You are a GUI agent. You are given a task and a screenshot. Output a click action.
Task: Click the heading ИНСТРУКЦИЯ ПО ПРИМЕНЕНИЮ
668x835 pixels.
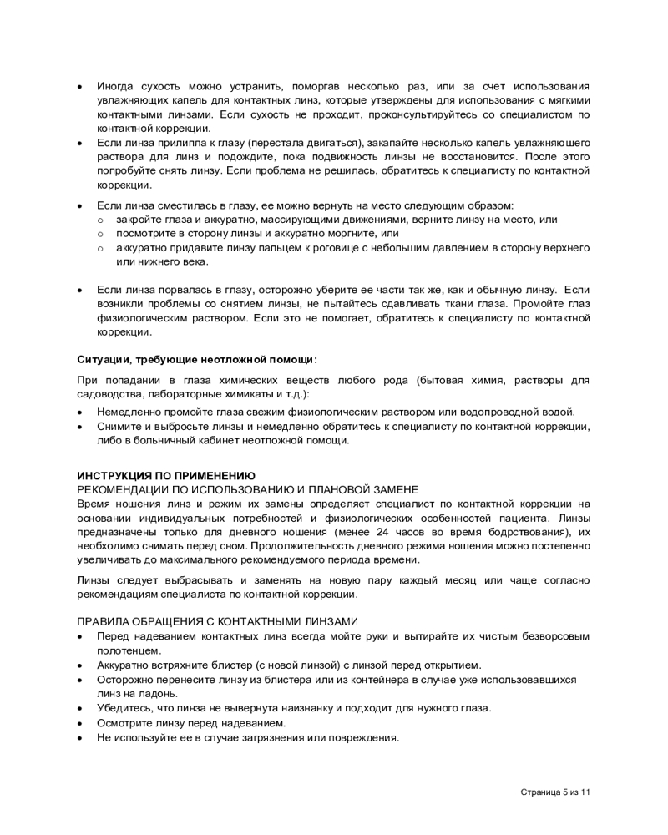tap(166, 475)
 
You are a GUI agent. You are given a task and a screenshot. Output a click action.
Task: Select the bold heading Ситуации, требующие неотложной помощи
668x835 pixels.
tap(197, 360)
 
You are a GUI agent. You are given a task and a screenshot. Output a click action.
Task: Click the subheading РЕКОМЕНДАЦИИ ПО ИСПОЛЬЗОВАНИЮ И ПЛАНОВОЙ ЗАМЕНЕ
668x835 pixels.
tap(247, 488)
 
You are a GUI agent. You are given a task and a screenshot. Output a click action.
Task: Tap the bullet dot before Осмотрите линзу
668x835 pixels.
tap(79, 722)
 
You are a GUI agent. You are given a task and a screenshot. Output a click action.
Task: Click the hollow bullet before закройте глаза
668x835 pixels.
tap(100, 220)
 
